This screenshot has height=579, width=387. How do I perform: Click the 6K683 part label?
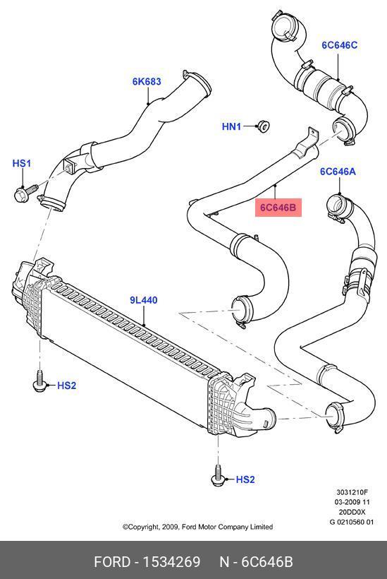(x=147, y=81)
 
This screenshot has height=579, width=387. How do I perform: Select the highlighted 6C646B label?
(x=278, y=208)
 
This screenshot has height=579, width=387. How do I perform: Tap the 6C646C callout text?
(x=340, y=45)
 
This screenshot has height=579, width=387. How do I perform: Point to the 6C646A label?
(x=338, y=172)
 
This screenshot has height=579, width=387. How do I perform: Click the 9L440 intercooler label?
(x=144, y=300)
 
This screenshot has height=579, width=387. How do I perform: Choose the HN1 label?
(x=231, y=126)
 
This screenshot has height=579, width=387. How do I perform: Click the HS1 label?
(x=22, y=163)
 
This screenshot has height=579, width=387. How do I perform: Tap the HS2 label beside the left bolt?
(x=67, y=386)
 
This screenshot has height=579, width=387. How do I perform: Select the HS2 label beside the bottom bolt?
(x=245, y=479)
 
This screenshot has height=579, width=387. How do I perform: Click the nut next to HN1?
(x=263, y=126)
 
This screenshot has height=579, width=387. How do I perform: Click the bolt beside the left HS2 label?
(x=39, y=381)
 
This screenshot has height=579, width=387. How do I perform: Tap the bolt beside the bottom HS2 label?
(x=218, y=476)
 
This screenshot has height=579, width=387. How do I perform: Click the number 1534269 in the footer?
(x=171, y=562)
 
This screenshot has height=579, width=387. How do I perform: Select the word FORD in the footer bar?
(x=112, y=562)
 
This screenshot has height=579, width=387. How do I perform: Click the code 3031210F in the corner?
(x=352, y=492)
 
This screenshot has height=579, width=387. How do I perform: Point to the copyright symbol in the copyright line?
(x=125, y=527)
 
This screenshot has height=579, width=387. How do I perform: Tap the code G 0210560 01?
(x=352, y=522)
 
